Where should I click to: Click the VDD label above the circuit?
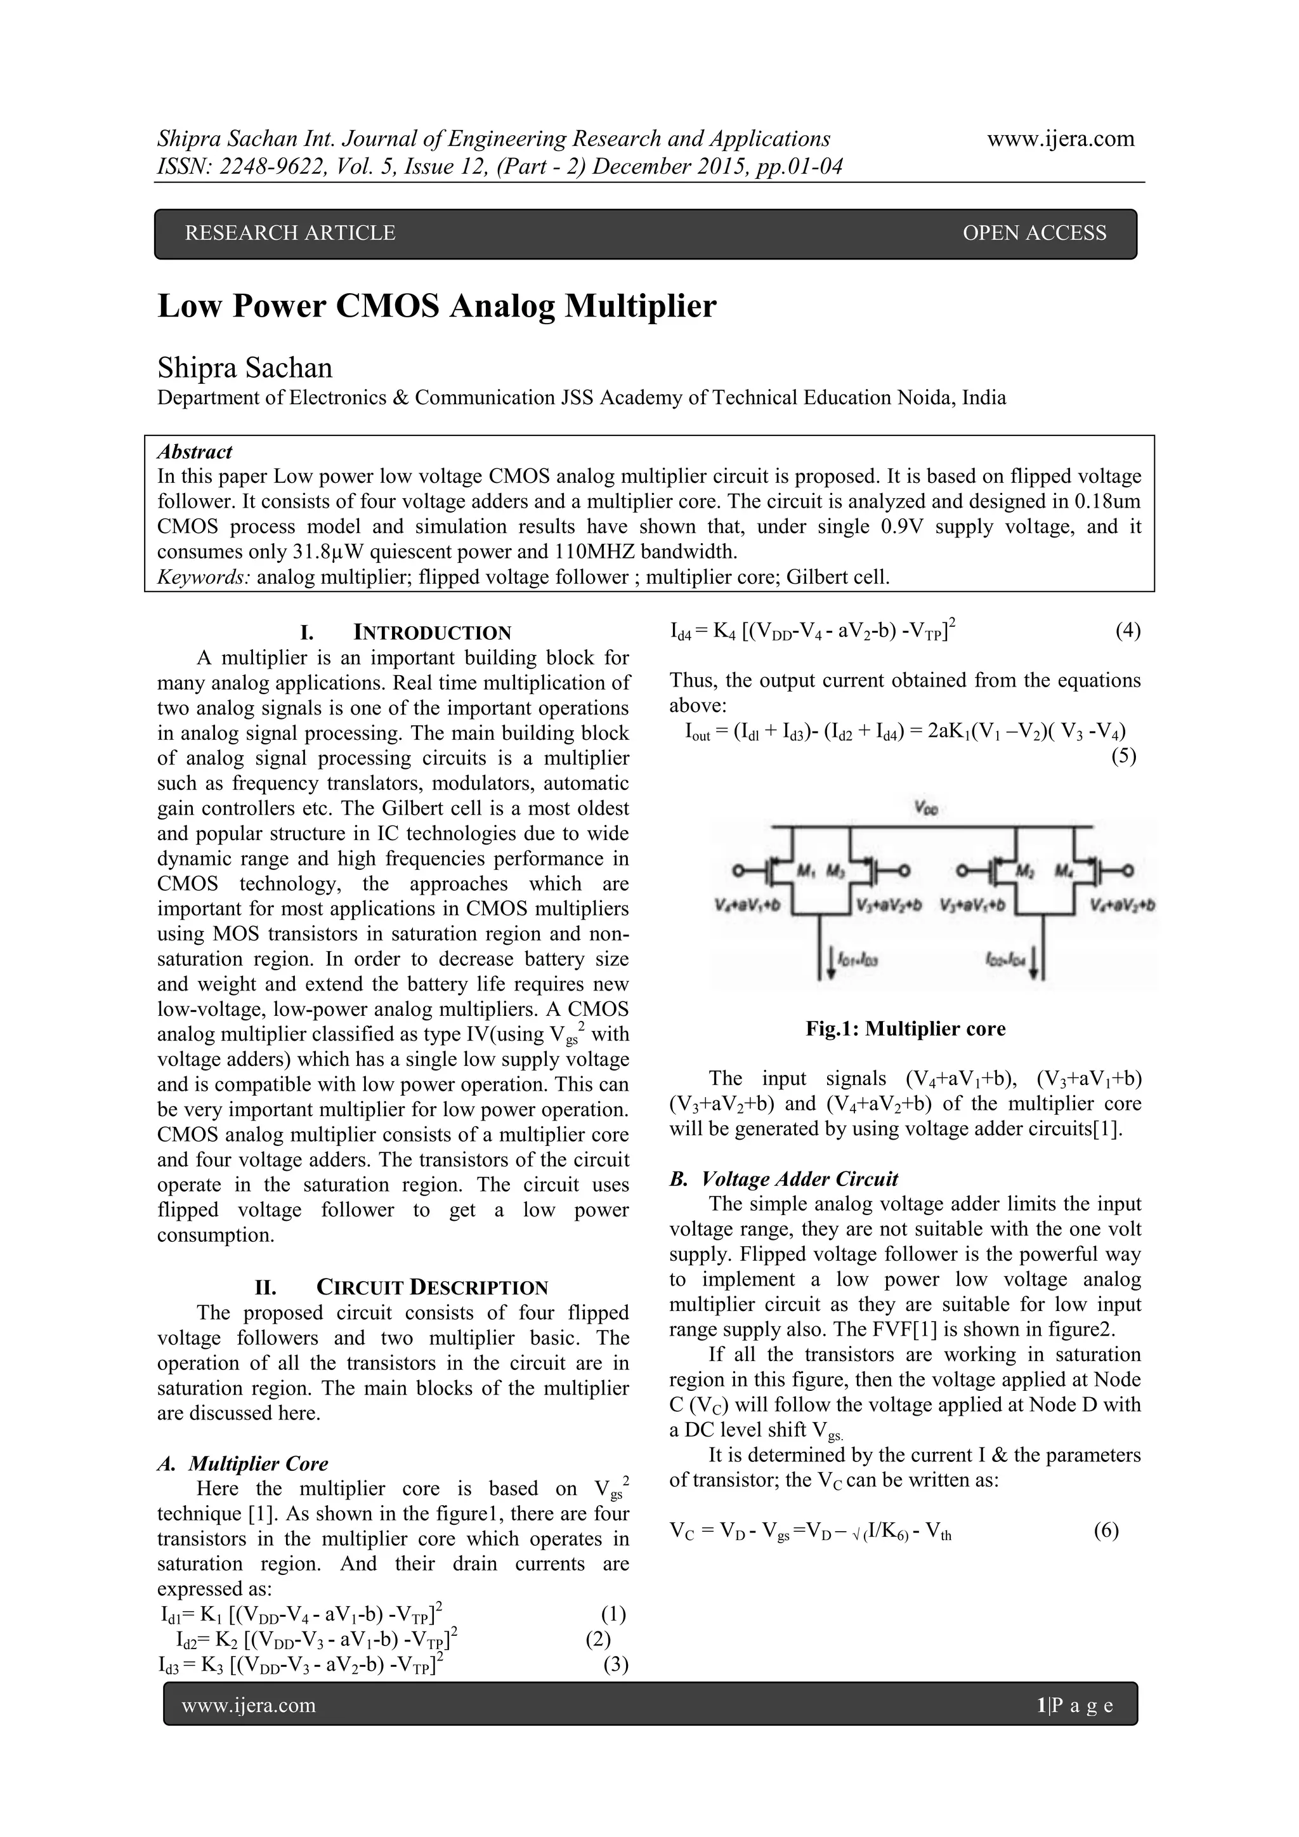[x=926, y=809]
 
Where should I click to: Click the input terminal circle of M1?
[x=738, y=871]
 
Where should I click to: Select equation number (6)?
[x=1106, y=1531]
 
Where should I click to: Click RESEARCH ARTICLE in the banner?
[x=290, y=233]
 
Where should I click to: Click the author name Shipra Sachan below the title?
[x=245, y=367]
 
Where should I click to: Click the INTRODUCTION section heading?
[x=432, y=633]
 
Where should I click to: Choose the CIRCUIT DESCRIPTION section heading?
[x=432, y=1287]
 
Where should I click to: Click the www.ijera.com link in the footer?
[x=249, y=1706]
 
